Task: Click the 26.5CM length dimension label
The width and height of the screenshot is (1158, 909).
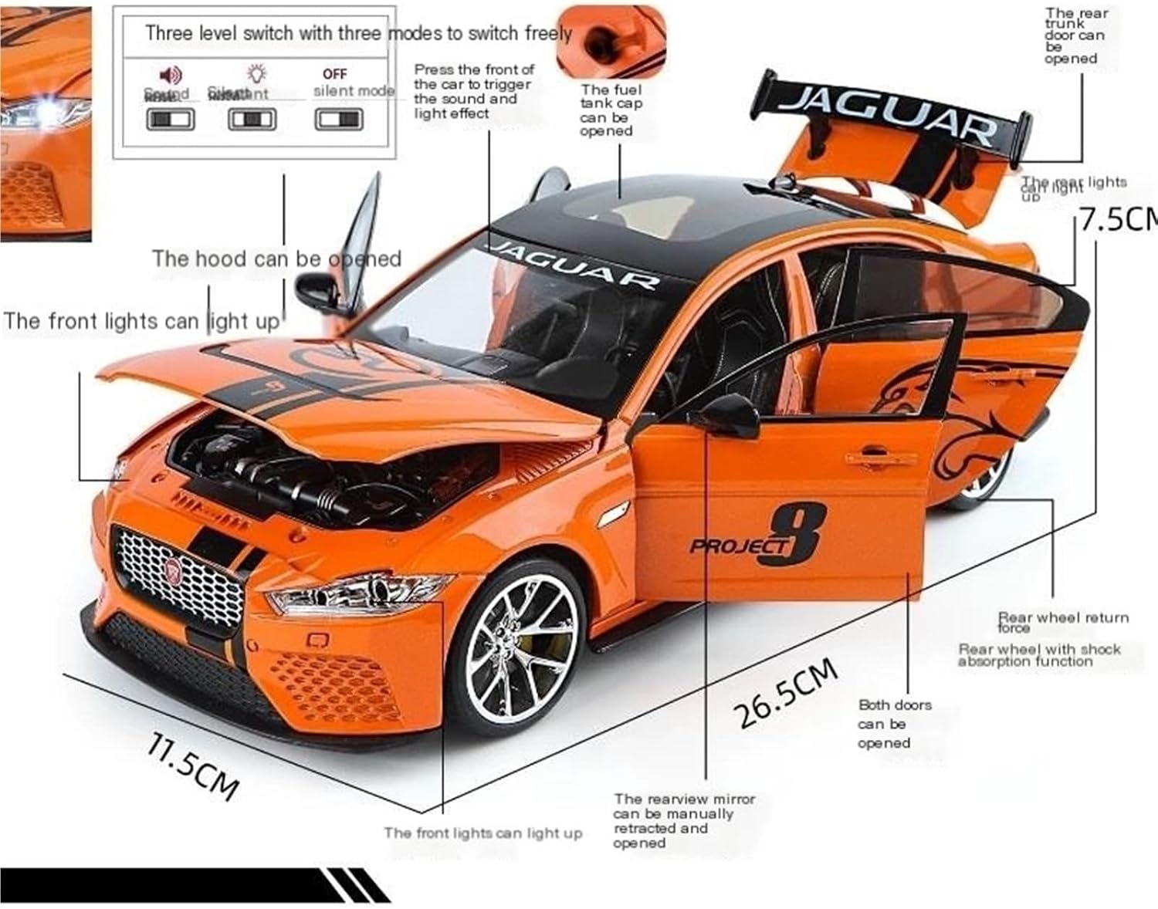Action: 787,694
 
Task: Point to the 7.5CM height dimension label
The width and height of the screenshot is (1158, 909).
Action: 1118,219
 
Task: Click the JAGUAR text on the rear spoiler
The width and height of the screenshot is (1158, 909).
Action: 888,117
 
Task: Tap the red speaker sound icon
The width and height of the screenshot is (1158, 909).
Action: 170,75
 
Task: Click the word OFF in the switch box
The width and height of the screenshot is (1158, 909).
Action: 334,74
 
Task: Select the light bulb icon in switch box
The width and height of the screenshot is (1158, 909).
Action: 256,74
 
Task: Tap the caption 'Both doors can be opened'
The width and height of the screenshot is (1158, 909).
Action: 894,724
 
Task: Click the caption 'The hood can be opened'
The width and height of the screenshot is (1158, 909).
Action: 276,259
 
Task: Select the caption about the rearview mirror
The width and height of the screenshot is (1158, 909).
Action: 684,820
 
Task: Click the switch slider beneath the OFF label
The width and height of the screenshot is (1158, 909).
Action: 338,120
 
